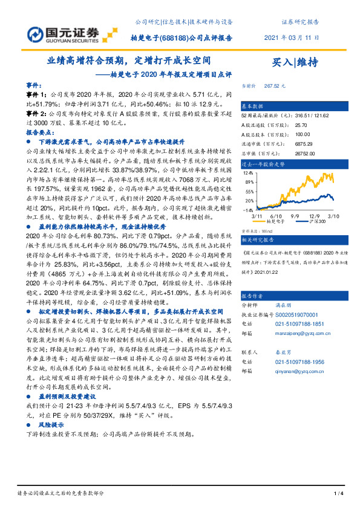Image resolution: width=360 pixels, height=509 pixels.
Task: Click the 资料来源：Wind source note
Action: click(255, 231)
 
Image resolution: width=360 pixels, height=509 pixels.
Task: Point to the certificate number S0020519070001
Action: click(292, 315)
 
